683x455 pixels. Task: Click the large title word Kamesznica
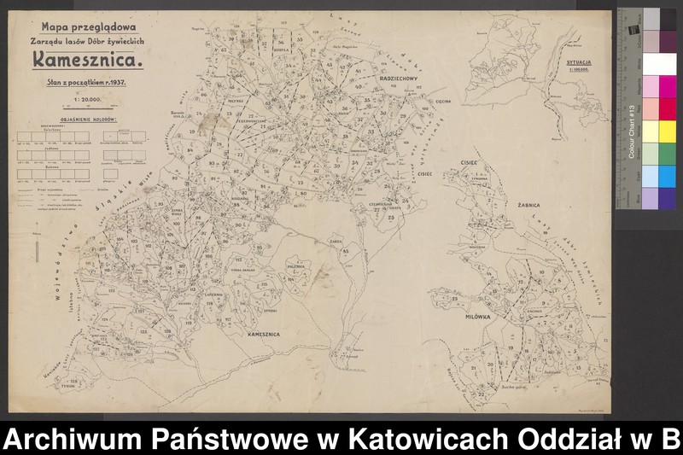coord(87,60)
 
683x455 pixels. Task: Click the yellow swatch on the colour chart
coord(651,131)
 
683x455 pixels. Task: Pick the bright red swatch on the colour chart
coord(651,108)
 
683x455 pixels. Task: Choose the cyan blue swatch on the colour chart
coord(651,175)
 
